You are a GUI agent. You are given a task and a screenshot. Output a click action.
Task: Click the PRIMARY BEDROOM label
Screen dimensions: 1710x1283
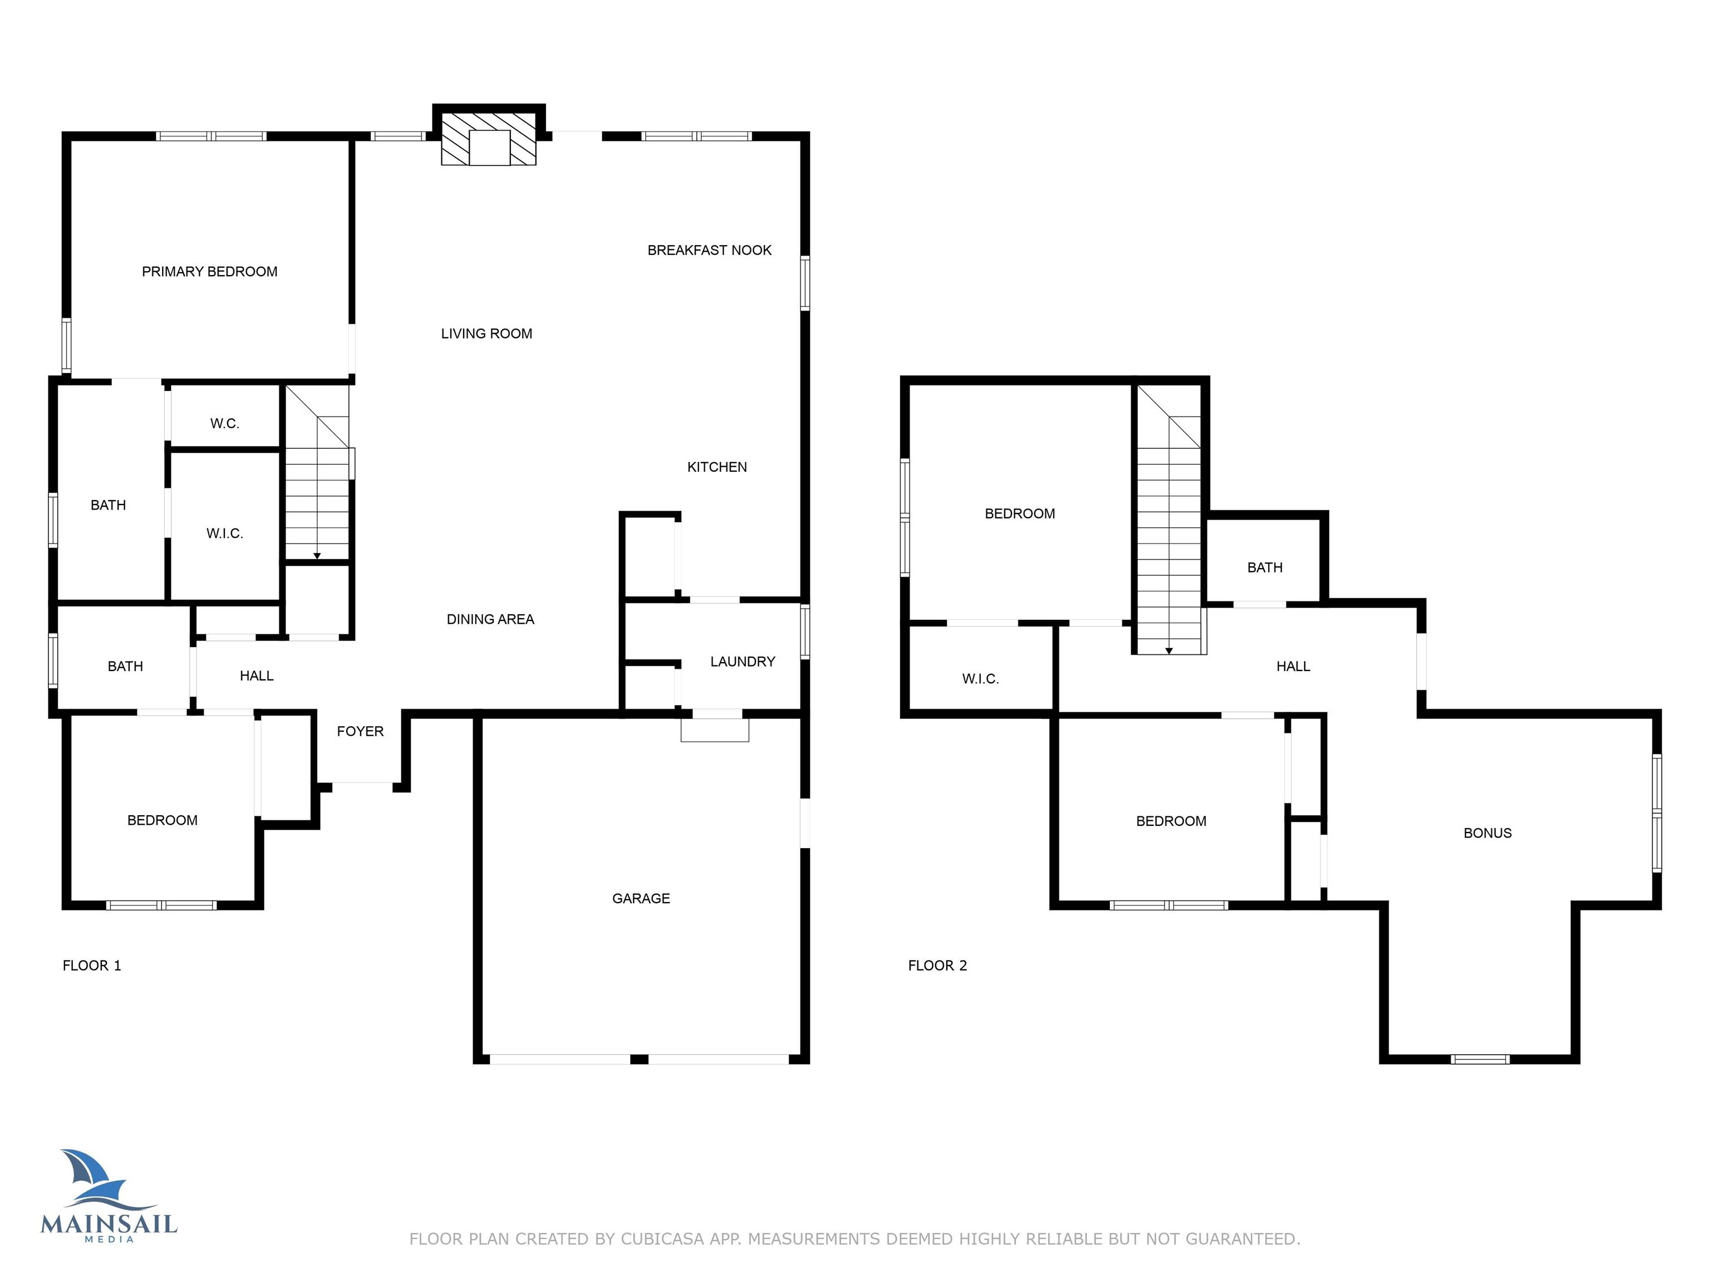pos(209,271)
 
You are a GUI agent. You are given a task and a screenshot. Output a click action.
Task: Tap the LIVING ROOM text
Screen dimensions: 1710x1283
pos(487,334)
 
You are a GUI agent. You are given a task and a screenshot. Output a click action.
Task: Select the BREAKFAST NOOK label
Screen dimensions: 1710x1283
pos(709,250)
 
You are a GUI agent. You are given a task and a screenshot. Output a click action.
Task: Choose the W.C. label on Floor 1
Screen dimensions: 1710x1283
pos(225,424)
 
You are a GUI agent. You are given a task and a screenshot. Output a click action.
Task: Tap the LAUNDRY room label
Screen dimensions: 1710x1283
pos(742,661)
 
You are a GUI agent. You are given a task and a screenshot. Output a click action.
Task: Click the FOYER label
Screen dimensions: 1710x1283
pos(360,731)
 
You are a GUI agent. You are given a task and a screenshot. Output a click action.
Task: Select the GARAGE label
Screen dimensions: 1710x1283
pos(641,898)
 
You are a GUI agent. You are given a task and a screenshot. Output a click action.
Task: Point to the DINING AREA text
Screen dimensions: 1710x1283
pos(490,619)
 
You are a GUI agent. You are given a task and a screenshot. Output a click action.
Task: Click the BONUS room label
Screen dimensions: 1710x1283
pos(1487,833)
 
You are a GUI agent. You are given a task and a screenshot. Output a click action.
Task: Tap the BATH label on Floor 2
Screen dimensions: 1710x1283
pos(1265,567)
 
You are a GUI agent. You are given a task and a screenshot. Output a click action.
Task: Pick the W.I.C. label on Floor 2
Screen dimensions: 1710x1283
pos(980,679)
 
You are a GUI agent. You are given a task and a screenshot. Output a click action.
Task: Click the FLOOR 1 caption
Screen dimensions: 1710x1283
pos(92,965)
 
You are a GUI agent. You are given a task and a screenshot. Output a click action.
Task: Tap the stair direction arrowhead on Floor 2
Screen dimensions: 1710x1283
pos(1169,650)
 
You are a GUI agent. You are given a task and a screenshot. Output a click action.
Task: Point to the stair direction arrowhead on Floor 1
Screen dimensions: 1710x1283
pos(317,555)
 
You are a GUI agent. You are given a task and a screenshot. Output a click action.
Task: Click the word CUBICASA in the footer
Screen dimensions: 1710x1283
pos(662,1239)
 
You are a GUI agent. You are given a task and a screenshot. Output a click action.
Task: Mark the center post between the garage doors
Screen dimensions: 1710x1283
pos(640,1059)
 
